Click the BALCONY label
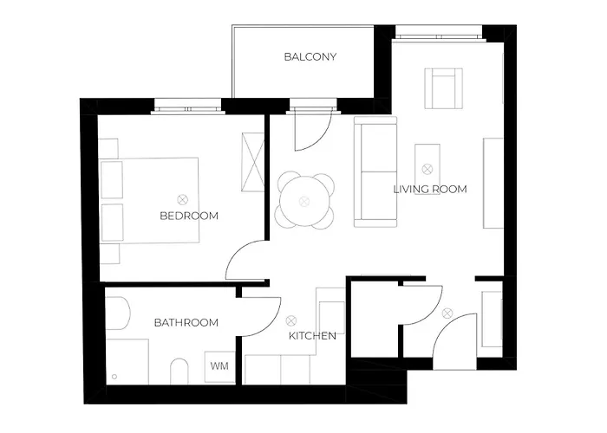click(310, 57)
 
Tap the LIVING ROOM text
click(430, 189)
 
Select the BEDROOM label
click(189, 216)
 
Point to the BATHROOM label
click(186, 322)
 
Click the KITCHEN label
click(312, 336)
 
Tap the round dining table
click(304, 201)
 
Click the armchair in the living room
click(444, 88)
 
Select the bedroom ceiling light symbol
click(182, 200)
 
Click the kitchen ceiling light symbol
click(291, 320)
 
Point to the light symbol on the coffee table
click(428, 169)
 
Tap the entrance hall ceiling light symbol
click(447, 313)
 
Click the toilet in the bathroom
click(179, 372)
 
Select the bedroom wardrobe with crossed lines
click(253, 162)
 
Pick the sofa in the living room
click(375, 171)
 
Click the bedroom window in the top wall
click(188, 107)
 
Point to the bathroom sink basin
click(118, 313)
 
